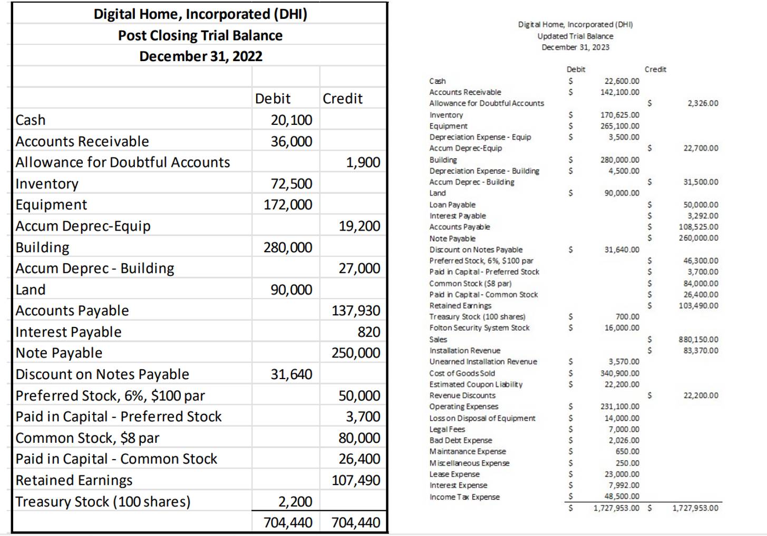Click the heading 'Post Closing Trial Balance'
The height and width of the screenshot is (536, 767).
pos(200,35)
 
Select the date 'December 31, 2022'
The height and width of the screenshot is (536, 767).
pos(200,56)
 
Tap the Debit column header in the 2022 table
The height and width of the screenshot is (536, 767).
pos(273,98)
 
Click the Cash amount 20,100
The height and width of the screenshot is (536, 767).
pos(292,120)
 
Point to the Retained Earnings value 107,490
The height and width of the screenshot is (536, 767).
pos(356,480)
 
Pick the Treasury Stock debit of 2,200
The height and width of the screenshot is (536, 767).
pos(295,502)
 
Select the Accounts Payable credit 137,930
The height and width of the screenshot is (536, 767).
pos(356,311)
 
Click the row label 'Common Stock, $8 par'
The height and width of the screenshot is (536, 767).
pos(88,438)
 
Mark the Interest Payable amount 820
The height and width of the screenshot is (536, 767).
pos(368,332)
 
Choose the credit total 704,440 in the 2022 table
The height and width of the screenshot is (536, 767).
pos(356,523)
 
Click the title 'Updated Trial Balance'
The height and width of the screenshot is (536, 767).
pos(575,36)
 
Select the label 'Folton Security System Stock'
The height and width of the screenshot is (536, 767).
pos(479,327)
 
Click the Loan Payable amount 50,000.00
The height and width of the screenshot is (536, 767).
pos(701,205)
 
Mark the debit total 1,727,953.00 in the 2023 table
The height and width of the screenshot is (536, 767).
pos(616,508)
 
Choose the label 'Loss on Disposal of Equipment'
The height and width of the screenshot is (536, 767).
pos(482,418)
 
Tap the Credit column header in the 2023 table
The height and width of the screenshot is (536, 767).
pos(655,70)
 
